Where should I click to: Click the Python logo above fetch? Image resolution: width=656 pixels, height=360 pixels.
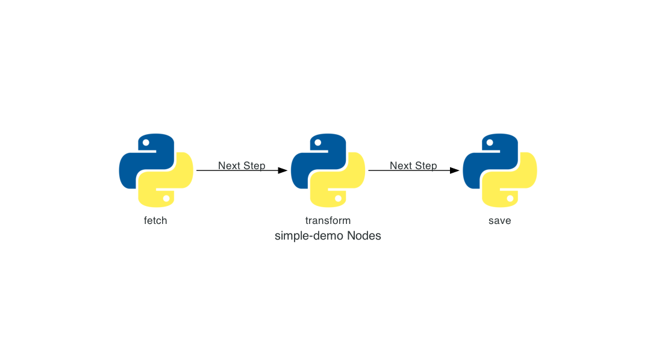pos(156,170)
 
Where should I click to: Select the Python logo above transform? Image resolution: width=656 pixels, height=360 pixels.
pos(328,170)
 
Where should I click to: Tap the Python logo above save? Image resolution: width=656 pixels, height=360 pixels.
pos(499,170)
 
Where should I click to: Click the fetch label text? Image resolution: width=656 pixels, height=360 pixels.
pos(155,220)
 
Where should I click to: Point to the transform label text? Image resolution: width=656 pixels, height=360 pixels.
pos(328,220)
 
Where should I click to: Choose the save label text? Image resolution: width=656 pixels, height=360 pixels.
pos(499,220)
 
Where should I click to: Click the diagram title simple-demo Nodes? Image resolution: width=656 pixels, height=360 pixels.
pos(328,236)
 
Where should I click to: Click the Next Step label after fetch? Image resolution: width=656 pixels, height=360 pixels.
pos(242,166)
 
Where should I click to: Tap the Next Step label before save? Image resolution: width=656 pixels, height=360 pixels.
pos(413,166)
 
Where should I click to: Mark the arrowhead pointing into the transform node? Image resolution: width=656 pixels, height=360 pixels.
pos(283,170)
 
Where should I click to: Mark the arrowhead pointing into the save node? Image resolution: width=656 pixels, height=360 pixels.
pos(454,170)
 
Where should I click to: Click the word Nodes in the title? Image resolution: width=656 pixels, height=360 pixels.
pos(364,236)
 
